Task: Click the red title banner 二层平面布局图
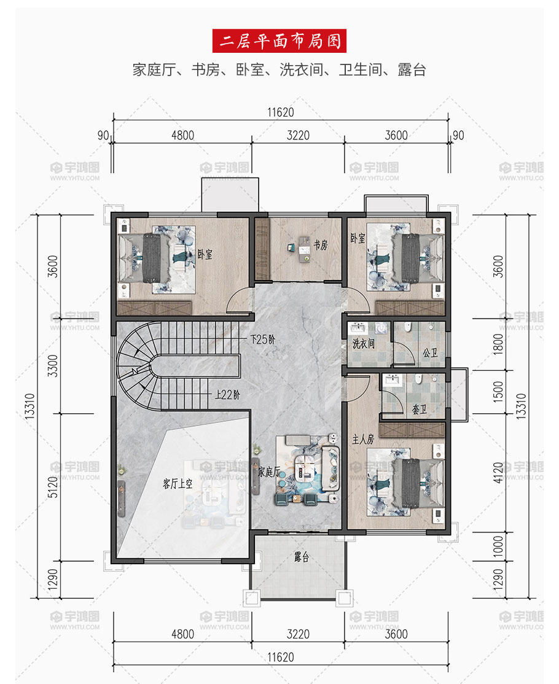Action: pos(279,41)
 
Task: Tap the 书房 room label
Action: pos(321,245)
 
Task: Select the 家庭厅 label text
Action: pos(269,472)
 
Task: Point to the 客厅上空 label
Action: pos(178,483)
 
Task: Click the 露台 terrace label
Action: pos(302,557)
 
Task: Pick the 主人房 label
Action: pos(363,439)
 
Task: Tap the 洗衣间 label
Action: pos(364,344)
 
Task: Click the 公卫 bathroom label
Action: pos(430,352)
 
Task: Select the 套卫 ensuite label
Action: pos(420,410)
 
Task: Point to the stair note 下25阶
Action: pos(262,340)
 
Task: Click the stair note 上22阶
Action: pos(227,395)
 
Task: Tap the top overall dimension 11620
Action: pos(281,112)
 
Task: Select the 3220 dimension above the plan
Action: pos(298,135)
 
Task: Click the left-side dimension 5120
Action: pos(52,487)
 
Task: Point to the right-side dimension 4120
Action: pos(498,473)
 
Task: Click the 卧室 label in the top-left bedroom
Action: pos(205,254)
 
